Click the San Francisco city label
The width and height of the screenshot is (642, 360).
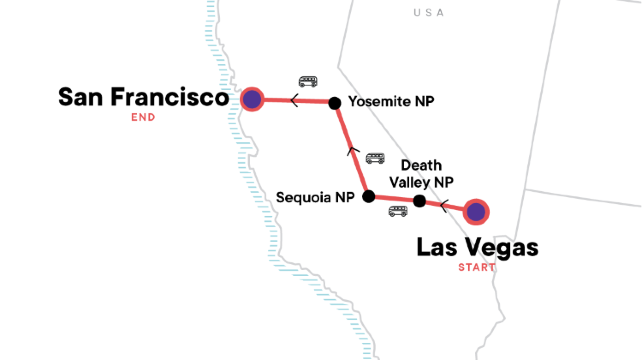click(x=144, y=98)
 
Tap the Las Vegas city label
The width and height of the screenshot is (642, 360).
click(x=476, y=247)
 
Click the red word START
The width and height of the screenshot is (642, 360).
click(x=476, y=267)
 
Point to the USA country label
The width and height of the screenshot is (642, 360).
click(x=429, y=12)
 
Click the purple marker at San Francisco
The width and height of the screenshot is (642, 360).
click(x=252, y=99)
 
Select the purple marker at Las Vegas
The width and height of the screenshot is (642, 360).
click(x=476, y=211)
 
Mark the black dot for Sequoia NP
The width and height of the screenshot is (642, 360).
click(x=368, y=196)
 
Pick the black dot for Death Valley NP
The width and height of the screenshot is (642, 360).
click(x=420, y=202)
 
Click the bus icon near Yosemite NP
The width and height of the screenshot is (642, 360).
click(x=308, y=81)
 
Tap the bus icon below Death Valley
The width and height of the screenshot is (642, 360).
click(x=397, y=211)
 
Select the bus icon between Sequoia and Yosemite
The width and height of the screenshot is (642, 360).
click(x=375, y=158)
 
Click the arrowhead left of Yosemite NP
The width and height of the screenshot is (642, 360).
click(x=294, y=100)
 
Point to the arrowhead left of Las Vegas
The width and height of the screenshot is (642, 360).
click(x=445, y=208)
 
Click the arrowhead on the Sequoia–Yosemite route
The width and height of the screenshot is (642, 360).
click(x=350, y=150)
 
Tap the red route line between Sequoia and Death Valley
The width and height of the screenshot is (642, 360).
click(x=394, y=199)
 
